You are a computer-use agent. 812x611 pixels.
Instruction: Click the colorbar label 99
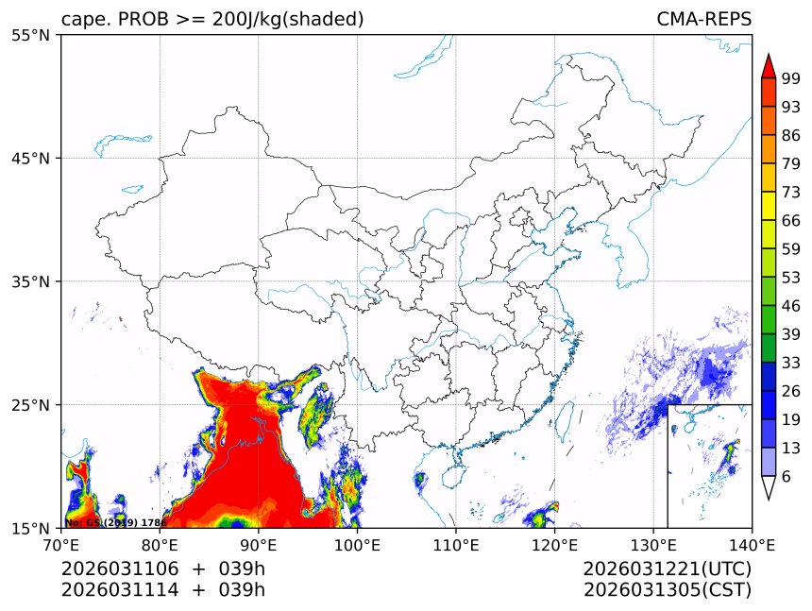pyautogui.click(x=791, y=79)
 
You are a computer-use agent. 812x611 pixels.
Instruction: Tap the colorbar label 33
pyautogui.click(x=791, y=363)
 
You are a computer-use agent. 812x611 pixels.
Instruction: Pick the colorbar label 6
pyautogui.click(x=787, y=477)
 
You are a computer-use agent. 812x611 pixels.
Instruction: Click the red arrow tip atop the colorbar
pyautogui.click(x=769, y=64)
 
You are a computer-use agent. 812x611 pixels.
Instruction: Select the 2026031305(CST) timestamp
pyautogui.click(x=668, y=590)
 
